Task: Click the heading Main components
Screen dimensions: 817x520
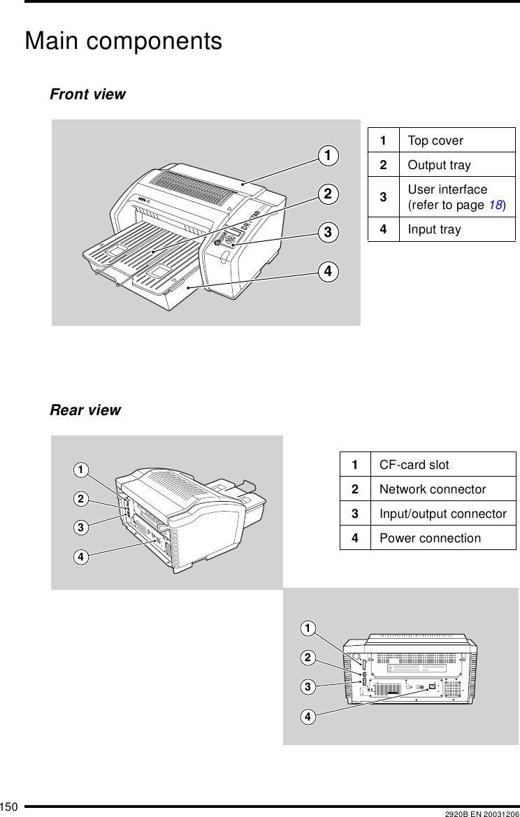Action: coord(123,41)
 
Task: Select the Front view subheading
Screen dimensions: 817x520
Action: coord(87,94)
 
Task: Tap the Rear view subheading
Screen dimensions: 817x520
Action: coord(85,410)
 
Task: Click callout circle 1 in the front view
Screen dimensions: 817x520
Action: coord(326,154)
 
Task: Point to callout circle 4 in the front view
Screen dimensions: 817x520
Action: coord(326,270)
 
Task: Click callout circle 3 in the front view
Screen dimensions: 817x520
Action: coord(326,231)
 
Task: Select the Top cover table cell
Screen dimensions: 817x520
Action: coord(435,140)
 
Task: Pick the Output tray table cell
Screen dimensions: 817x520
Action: coord(439,165)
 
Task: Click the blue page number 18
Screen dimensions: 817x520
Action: coord(495,205)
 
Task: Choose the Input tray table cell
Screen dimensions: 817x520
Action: coord(434,229)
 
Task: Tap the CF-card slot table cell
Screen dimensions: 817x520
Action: coord(414,465)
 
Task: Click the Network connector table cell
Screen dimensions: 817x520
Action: coord(432,489)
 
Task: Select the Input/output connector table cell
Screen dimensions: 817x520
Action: coord(442,514)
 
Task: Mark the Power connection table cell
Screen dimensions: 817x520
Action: coord(430,538)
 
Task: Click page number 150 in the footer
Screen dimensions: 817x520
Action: coord(9,808)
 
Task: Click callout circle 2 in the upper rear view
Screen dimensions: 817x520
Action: coord(82,499)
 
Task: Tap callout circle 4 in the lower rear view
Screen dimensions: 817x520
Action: coord(306,716)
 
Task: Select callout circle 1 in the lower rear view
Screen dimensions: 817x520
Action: coord(306,629)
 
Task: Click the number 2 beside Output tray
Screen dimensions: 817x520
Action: coord(383,165)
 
